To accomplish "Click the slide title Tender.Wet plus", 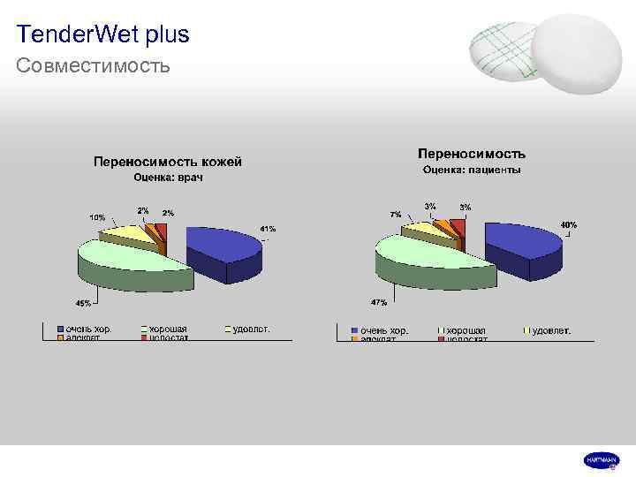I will [102, 34].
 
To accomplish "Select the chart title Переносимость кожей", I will [168, 162].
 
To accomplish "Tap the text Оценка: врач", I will [168, 178].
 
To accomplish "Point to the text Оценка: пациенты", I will [471, 170].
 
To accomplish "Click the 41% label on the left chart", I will [267, 230].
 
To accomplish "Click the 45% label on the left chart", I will [83, 303].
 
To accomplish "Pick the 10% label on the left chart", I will [96, 217].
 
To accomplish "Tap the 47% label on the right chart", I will [379, 302].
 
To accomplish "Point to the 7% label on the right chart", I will [395, 215].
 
